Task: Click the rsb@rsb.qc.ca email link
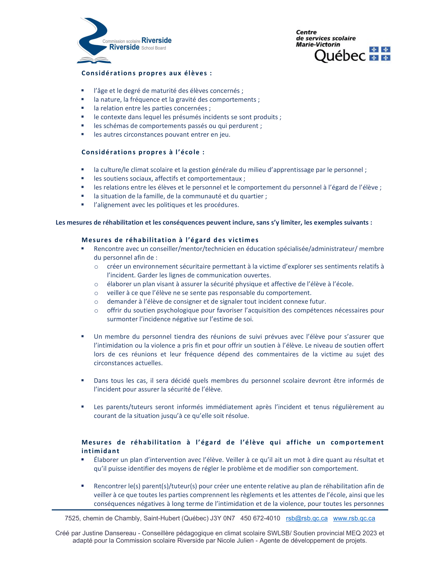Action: (306, 518)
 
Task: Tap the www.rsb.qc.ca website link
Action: (354, 518)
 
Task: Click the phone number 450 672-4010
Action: (260, 518)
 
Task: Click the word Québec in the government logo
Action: (340, 56)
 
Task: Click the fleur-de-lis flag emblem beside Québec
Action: (380, 54)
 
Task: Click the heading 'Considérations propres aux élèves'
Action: (146, 73)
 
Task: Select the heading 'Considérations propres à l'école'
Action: (143, 152)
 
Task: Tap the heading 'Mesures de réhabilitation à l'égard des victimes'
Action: (170, 240)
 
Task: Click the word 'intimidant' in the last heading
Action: (100, 451)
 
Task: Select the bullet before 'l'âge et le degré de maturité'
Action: (83, 91)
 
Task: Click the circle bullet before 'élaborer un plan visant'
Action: (96, 284)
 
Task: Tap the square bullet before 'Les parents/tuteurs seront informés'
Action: (83, 407)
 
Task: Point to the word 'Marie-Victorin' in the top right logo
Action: (318, 45)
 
